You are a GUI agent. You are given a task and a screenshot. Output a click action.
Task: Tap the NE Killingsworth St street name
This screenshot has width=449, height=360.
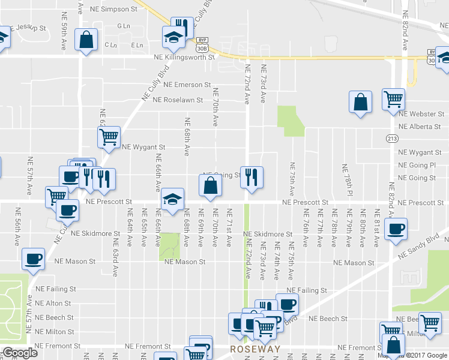click(x=184, y=58)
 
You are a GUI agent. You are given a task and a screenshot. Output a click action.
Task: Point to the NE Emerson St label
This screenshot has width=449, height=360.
click(x=187, y=85)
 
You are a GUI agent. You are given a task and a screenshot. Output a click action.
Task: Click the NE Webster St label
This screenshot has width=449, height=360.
click(x=421, y=113)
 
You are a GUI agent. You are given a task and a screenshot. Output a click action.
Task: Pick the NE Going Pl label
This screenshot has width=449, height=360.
click(x=417, y=165)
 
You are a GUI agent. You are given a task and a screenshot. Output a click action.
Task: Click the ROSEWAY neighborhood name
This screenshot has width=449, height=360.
click(x=255, y=349)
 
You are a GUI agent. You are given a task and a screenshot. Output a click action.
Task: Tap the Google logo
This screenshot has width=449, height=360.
click(x=20, y=353)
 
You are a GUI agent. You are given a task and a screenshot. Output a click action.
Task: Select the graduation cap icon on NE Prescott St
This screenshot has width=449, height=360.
click(x=172, y=200)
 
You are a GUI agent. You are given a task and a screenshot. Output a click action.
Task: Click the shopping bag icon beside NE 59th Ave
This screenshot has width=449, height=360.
click(x=86, y=40)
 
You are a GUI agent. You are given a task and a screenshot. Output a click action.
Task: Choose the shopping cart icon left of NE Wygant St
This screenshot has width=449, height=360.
click(x=109, y=137)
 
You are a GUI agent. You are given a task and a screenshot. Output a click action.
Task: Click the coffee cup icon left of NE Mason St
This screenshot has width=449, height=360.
click(x=33, y=259)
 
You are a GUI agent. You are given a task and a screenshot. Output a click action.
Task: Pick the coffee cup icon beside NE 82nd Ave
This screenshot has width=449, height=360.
click(x=396, y=230)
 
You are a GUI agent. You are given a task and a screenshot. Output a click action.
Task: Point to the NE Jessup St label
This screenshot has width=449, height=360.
click(x=30, y=28)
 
